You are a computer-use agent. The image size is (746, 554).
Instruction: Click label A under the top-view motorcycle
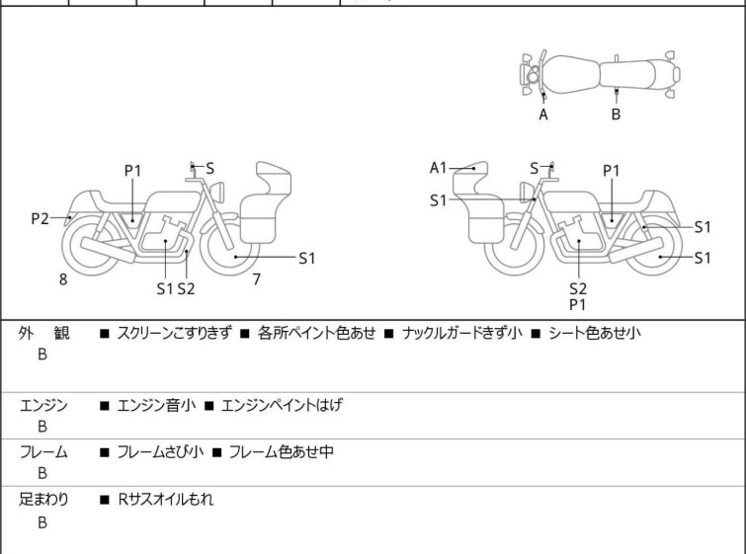543,115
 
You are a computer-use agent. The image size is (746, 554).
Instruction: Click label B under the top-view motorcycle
616,115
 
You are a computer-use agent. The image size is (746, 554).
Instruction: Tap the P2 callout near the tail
40,219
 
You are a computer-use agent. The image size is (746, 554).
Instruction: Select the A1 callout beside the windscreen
438,168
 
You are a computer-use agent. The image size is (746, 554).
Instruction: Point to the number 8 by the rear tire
63,279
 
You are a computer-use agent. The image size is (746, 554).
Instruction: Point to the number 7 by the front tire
257,279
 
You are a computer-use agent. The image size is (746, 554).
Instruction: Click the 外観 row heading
43,333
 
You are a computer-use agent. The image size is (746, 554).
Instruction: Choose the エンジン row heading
43,405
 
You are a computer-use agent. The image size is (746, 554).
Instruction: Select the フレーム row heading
43,451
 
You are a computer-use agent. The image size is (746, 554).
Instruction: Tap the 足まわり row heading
43,500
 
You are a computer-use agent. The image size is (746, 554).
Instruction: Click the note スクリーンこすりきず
175,333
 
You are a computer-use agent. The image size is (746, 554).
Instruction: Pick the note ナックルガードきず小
462,333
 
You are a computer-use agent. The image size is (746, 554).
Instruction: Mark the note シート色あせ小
594,333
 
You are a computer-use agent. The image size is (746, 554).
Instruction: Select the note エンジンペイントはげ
282,405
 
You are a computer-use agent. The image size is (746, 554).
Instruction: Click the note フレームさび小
160,451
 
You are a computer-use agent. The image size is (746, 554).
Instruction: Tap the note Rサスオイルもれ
166,500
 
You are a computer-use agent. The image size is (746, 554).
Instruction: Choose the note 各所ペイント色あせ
316,333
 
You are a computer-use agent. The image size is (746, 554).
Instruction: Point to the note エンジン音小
156,405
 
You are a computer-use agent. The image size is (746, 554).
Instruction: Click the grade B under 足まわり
42,522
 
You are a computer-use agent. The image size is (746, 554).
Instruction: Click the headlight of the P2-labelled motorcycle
217,193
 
